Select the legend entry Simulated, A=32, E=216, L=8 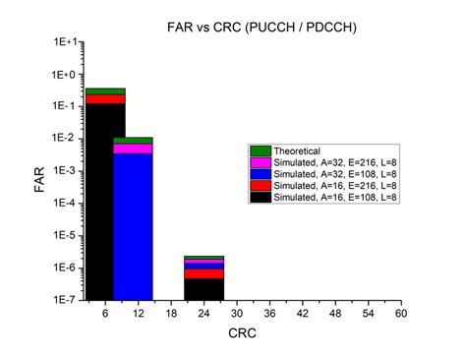coord(324,161)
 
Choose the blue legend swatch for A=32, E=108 coord(261,173)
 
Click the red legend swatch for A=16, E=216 coord(261,185)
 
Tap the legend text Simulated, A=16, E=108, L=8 coord(324,197)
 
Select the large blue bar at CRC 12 coord(133,226)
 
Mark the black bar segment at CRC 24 coord(204,289)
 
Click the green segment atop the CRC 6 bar coord(105,90)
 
